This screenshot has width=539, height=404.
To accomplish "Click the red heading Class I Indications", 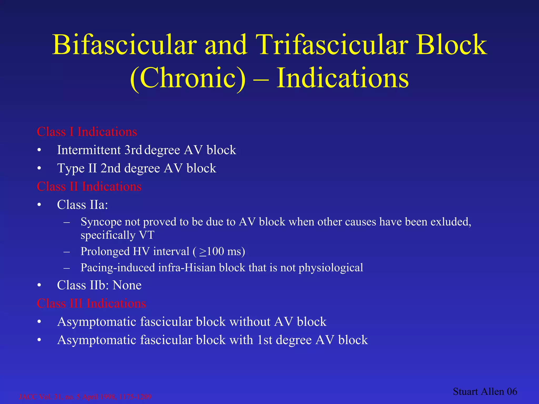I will (87, 132).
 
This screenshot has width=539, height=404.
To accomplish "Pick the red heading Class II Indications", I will (89, 186).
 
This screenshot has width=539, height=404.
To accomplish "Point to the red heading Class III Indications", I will (91, 303).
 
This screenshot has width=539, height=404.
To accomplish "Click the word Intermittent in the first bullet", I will (89, 150).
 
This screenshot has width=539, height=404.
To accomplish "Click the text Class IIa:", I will (82, 205).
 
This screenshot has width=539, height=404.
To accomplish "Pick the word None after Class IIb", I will (127, 285).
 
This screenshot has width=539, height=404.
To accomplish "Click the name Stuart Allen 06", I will (485, 392).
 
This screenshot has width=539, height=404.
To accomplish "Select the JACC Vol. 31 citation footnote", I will (85, 397).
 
